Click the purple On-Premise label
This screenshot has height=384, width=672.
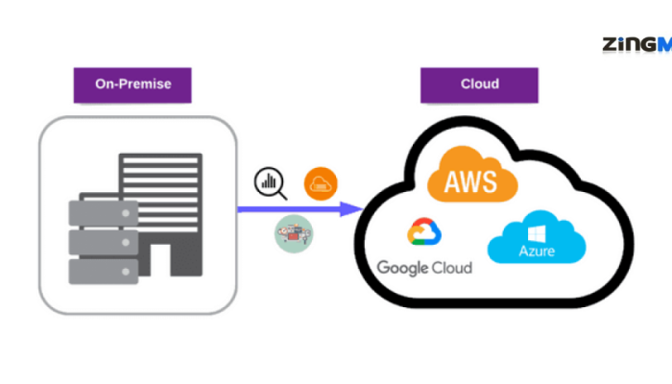[x=132, y=84]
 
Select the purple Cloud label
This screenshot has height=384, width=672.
[x=478, y=84]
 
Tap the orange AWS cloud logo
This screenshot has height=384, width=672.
[x=468, y=175]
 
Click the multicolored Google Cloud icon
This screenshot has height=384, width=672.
[x=423, y=233]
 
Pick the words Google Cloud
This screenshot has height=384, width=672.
[x=424, y=267]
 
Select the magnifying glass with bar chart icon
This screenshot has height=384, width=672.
[x=270, y=182]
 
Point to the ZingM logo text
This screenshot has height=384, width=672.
[x=636, y=44]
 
